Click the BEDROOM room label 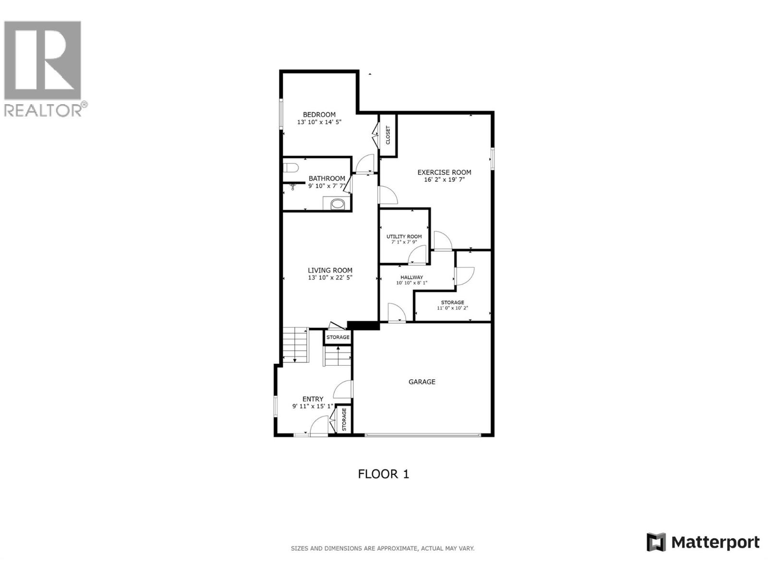pos(319,114)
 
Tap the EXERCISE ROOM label pos(444,172)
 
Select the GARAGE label pos(422,382)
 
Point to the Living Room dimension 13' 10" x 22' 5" pos(330,277)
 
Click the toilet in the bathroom pos(290,168)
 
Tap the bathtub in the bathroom pos(338,204)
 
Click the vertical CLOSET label pos(388,135)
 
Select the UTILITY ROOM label pos(404,236)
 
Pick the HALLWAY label pos(412,277)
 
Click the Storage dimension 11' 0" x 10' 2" pos(452,308)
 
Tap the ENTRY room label pos(312,399)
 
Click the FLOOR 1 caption pos(384,474)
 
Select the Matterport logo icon pos(656,542)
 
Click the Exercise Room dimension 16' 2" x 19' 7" pos(444,180)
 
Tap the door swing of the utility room pos(418,255)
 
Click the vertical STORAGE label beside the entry pos(344,419)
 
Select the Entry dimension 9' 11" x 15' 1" pos(312,406)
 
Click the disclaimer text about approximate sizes pos(383,548)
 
